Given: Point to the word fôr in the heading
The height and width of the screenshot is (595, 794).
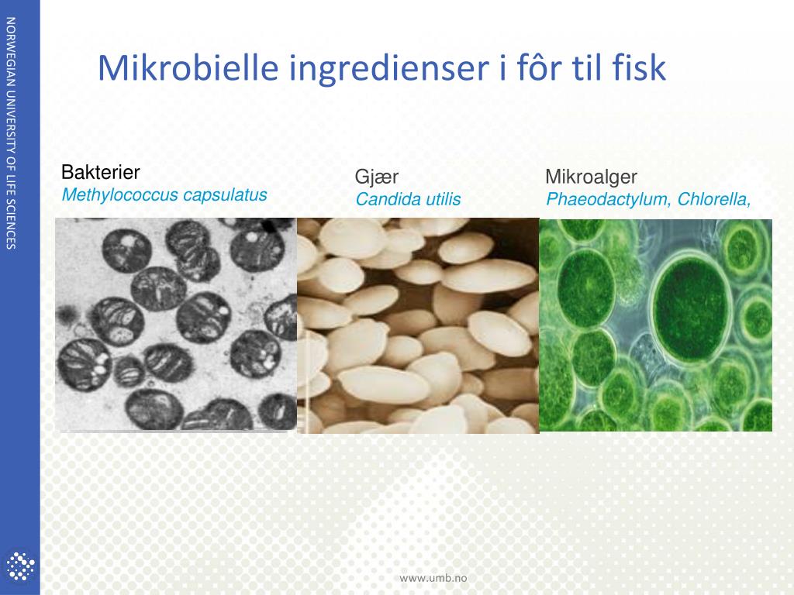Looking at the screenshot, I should point(538,68).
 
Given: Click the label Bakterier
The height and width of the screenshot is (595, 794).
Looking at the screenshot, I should point(100,172).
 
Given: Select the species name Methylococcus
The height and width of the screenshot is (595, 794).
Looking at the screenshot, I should point(119,195).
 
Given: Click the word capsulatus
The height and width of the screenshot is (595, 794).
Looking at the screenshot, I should point(225,195).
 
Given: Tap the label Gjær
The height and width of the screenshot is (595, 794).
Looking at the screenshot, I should point(377,177).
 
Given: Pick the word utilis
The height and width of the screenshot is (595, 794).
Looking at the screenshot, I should point(442,200).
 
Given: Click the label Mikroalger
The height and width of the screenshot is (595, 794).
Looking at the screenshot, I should point(591,177).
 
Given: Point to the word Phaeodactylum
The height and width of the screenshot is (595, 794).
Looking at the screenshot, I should point(609,200).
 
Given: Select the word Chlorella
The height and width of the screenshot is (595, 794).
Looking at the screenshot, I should point(713,200).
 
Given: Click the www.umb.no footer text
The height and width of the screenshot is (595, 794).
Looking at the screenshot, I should point(433,577).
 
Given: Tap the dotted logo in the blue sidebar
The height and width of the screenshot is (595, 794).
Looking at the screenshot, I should point(20,565).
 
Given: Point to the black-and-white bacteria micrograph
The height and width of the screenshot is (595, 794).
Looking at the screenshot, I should point(176,324).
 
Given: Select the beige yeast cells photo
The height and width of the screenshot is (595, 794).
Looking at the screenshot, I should point(418,325).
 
